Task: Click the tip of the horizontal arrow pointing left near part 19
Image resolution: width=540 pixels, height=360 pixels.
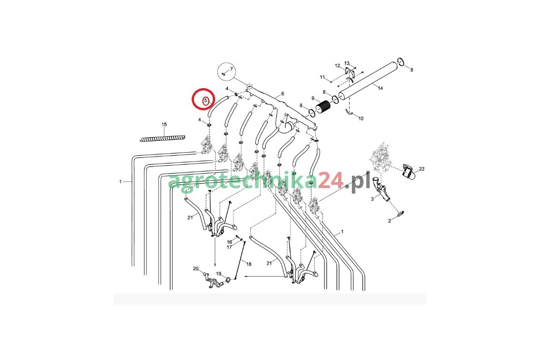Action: [x=244, y=277]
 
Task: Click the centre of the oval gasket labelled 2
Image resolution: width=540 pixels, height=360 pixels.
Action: [x=400, y=213]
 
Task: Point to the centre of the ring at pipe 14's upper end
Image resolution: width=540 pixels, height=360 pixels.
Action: [x=400, y=62]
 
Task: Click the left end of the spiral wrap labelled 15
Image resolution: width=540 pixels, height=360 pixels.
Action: [x=140, y=140]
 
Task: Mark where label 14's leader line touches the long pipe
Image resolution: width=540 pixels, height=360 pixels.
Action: [x=373, y=84]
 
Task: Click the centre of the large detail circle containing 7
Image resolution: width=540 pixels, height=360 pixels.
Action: [x=226, y=72]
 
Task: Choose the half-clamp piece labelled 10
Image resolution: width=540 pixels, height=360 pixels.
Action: [x=349, y=112]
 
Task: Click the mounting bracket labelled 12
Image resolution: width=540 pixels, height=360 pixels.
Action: [x=349, y=72]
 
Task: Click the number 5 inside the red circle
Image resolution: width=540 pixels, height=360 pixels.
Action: [x=206, y=100]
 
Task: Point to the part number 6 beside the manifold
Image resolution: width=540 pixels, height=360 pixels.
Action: [x=283, y=94]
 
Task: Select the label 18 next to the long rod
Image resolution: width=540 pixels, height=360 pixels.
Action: [x=249, y=264]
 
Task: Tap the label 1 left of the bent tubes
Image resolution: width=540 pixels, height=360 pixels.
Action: [x=120, y=181]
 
